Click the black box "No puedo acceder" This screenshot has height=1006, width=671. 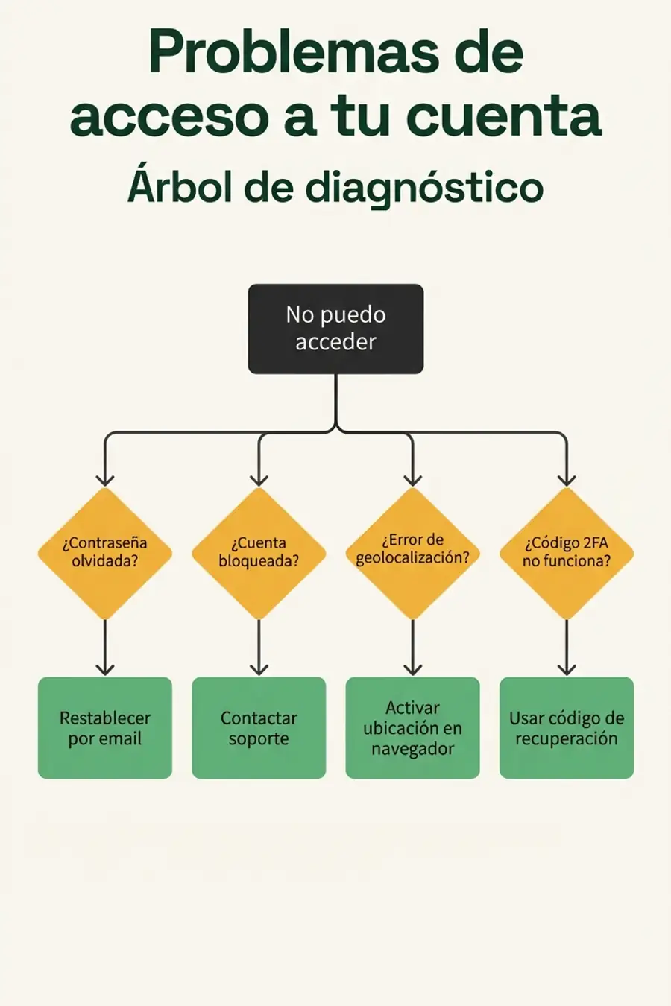(335, 329)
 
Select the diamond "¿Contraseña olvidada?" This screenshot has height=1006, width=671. (105, 553)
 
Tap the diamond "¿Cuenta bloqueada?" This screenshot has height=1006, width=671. (259, 553)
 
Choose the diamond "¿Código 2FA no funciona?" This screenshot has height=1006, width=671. (567, 553)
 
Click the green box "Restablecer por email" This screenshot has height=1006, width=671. (105, 728)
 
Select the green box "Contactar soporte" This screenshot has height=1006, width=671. (259, 728)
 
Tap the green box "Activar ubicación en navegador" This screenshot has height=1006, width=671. (412, 728)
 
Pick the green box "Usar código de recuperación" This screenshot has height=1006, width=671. (567, 728)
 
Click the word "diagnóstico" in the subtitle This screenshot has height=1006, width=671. (424, 188)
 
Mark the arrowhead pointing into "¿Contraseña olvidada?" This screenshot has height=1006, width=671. (105, 478)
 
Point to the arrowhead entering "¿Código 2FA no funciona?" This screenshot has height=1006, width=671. (567, 478)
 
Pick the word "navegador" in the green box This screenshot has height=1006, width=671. (412, 749)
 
